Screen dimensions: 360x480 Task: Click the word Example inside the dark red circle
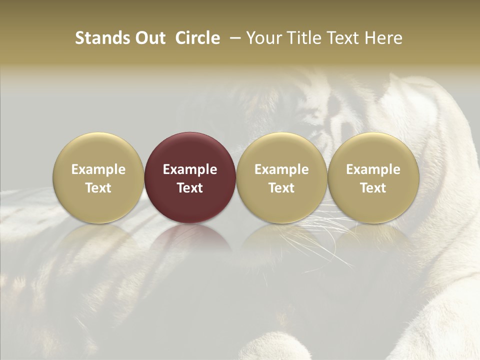coord(190,169)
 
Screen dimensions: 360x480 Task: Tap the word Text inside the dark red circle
coord(190,188)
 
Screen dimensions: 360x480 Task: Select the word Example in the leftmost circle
coord(98,169)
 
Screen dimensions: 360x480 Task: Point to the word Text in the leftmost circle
coord(98,188)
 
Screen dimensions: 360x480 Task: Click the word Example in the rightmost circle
coord(373,169)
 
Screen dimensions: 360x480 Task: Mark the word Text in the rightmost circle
coord(373,188)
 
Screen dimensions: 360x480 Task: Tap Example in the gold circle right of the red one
coord(281,169)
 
